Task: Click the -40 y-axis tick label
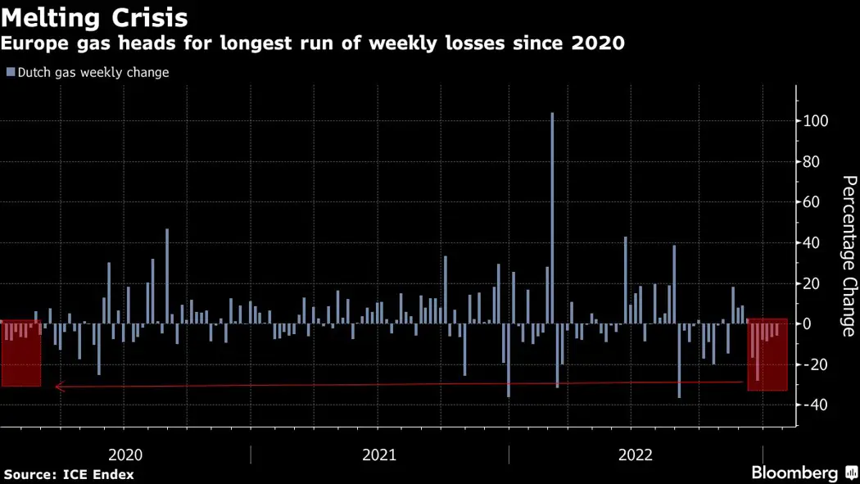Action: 814,405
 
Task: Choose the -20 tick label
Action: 814,364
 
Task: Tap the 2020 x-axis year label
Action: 125,455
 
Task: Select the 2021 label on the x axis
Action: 379,455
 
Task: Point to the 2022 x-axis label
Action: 636,455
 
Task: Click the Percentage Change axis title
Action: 849,256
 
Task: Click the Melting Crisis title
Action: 95,17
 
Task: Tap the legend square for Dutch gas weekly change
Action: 11,72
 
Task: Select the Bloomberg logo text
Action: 794,473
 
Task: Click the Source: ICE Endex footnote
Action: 69,474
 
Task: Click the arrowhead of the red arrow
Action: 58,387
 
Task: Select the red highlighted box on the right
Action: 767,355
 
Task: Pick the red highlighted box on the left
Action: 20,353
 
